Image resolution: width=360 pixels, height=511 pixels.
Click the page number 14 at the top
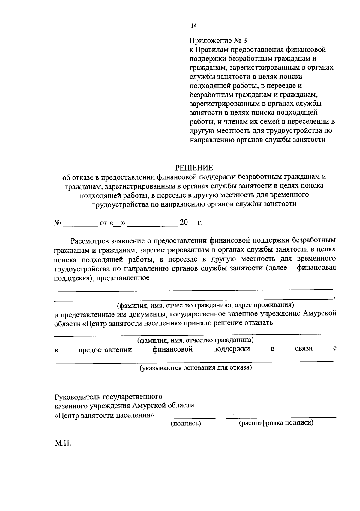pos(193,26)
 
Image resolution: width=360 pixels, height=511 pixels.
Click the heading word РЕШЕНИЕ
pos(194,168)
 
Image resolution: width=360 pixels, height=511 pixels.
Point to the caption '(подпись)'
pos(186,424)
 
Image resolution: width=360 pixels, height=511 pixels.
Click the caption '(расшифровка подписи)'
pos(276,423)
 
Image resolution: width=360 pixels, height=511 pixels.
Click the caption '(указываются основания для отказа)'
pos(196,367)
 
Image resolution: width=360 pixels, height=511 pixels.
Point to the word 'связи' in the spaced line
pos(304,349)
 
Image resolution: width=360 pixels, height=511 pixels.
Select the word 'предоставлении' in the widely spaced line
pos(105,350)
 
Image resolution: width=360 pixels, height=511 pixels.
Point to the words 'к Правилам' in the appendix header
pos(207,49)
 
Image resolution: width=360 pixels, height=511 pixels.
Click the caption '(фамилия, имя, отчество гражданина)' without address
pos(196,340)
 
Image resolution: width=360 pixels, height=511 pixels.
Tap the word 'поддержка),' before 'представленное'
pos(72,278)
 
